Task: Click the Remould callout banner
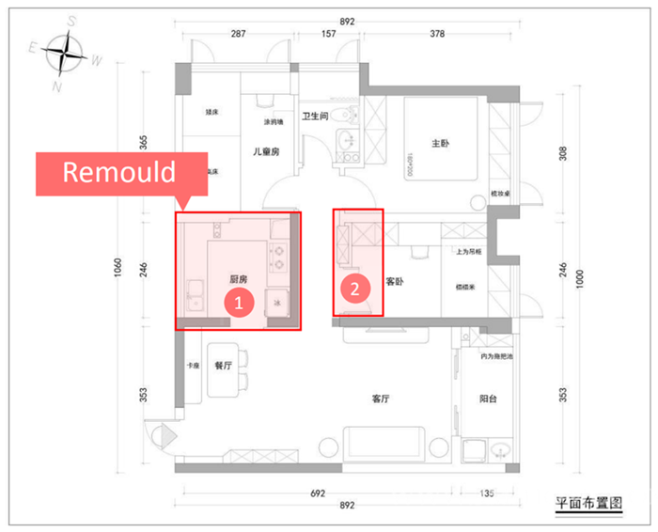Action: [119, 173]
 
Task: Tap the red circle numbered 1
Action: [239, 303]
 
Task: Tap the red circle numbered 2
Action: [355, 289]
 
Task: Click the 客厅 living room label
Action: [380, 399]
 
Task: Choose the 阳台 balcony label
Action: [487, 399]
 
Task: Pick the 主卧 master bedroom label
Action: [440, 144]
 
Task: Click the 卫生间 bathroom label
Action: [314, 117]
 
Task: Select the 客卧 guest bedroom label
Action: [395, 281]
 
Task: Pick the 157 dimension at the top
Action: [328, 34]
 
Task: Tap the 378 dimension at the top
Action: [436, 34]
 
